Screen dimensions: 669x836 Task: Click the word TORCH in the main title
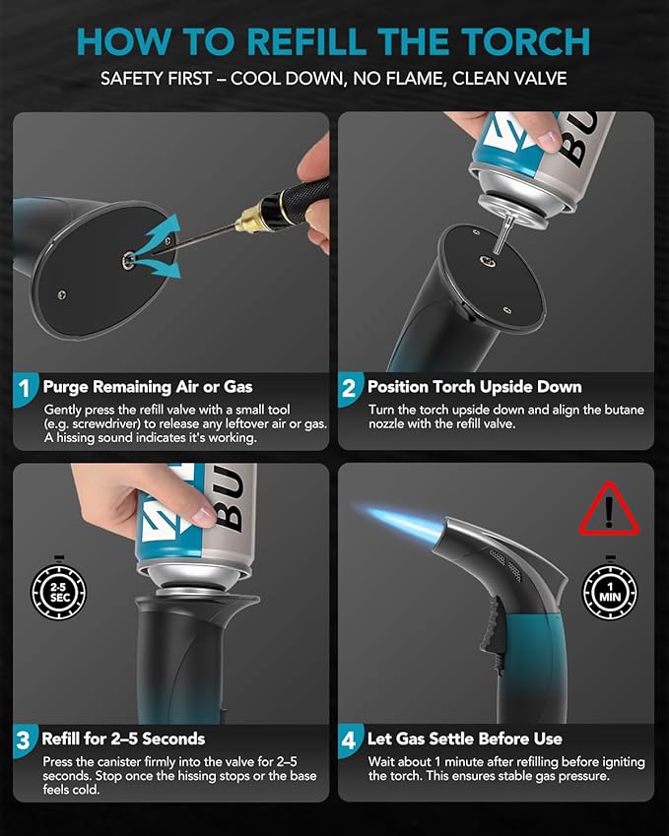(x=526, y=41)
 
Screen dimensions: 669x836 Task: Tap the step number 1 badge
(x=25, y=389)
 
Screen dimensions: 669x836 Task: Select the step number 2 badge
(x=349, y=389)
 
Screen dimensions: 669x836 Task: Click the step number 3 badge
(x=25, y=740)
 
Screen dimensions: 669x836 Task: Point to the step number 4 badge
(x=349, y=740)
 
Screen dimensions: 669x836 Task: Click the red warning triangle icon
(x=609, y=509)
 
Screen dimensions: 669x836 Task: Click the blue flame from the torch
(x=403, y=521)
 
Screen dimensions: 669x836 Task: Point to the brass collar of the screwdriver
(x=249, y=218)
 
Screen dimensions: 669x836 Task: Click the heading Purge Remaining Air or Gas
(x=148, y=387)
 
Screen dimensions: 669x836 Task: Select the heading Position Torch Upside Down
(x=474, y=387)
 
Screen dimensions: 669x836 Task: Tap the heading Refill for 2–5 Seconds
(x=123, y=739)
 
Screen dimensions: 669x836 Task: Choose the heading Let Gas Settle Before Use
(x=465, y=739)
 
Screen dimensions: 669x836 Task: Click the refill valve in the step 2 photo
(x=487, y=261)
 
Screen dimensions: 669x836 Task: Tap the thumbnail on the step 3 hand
(x=204, y=515)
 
